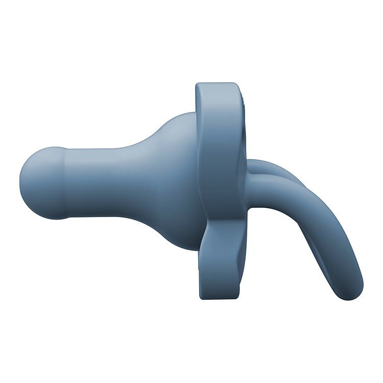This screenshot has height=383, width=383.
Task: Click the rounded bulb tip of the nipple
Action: coord(38,183)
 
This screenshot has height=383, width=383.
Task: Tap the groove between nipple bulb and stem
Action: coord(65,184)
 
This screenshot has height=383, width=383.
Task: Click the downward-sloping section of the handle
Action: coord(332,245)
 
